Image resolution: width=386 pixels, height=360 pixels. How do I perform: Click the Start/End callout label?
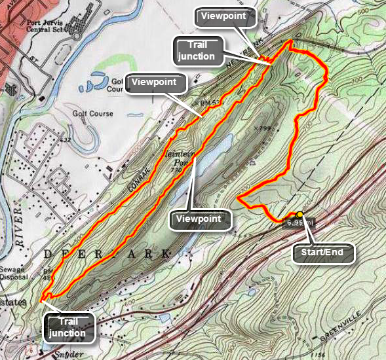324,253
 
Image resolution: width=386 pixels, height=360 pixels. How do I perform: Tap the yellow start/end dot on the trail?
299,214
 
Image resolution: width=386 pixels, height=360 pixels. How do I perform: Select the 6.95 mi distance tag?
299,223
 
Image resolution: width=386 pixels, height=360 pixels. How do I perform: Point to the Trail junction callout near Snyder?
68,327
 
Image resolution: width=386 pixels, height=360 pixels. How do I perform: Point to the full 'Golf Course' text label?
92,114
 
